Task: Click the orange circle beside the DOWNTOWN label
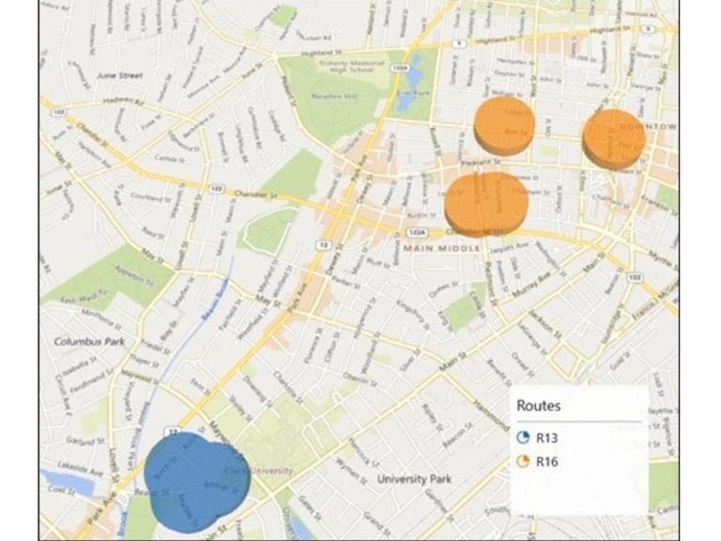tap(614, 138)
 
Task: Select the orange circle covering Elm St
tap(503, 125)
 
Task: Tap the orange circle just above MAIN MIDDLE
tap(485, 203)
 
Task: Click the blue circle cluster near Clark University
tap(195, 480)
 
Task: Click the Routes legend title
tap(539, 406)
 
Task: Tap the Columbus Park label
tap(89, 342)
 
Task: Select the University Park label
tap(414, 479)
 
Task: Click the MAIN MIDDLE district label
tap(440, 248)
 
